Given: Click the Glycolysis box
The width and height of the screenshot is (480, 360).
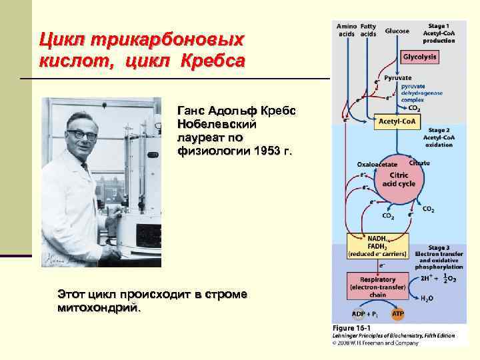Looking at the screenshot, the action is point(420,57).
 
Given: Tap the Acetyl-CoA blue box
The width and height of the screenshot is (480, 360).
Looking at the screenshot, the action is point(397,121).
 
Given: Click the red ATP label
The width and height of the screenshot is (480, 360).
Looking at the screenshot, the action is point(398,313).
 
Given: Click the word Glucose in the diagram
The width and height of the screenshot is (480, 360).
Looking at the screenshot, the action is point(397,31).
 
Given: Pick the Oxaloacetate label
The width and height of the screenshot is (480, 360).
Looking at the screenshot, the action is point(377,164).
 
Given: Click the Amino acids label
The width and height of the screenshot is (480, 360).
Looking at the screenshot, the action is point(347,29).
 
